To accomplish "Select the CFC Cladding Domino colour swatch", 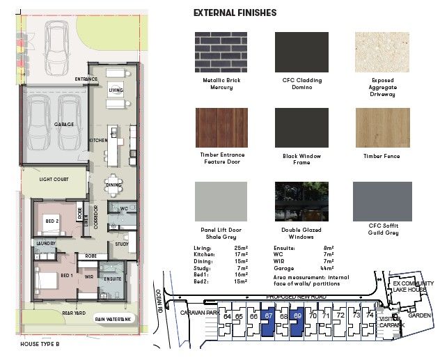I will (303, 52).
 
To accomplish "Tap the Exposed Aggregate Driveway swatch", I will (383, 52).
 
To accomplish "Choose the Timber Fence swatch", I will (383, 128).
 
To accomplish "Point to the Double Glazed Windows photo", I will (303, 203).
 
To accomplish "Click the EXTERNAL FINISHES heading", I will (235, 13).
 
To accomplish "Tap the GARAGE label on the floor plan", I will (64, 125).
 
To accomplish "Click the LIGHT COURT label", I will (54, 180).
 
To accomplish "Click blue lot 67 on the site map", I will (268, 325).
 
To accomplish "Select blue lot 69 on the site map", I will (298, 325).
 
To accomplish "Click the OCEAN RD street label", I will (158, 302).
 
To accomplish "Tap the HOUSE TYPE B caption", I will (40, 345).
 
